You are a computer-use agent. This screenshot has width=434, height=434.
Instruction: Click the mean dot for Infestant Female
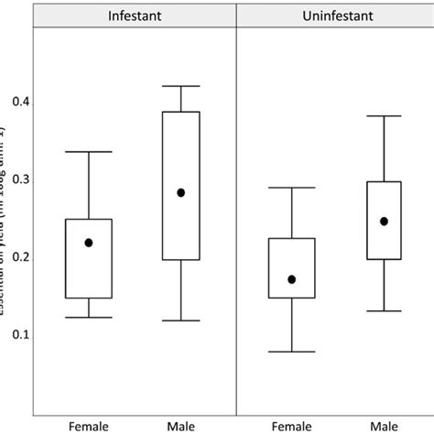pyautogui.click(x=89, y=243)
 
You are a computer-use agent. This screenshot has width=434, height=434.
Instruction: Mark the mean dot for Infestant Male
pyautogui.click(x=180, y=192)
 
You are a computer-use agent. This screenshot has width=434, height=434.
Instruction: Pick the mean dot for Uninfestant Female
pyautogui.click(x=291, y=279)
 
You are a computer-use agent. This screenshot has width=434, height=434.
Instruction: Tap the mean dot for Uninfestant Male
pyautogui.click(x=384, y=221)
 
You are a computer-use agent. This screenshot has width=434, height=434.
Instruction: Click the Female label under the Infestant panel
pyautogui.click(x=89, y=425)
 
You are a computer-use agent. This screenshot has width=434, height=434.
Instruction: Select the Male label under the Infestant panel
pyautogui.click(x=180, y=425)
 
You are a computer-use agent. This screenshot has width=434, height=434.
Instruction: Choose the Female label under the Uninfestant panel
pyautogui.click(x=291, y=425)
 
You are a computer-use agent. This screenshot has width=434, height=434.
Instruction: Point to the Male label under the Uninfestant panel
pyautogui.click(x=384, y=425)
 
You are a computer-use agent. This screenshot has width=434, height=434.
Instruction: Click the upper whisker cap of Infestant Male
pyautogui.click(x=180, y=86)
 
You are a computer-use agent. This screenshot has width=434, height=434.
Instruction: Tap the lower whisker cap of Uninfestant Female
pyautogui.click(x=291, y=352)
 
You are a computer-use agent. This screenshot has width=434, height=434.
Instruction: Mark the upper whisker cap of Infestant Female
pyautogui.click(x=89, y=151)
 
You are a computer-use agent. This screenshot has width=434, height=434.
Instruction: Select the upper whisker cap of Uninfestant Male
pyautogui.click(x=384, y=116)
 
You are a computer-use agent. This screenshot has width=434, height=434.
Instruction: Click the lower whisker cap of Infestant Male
pyautogui.click(x=180, y=320)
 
